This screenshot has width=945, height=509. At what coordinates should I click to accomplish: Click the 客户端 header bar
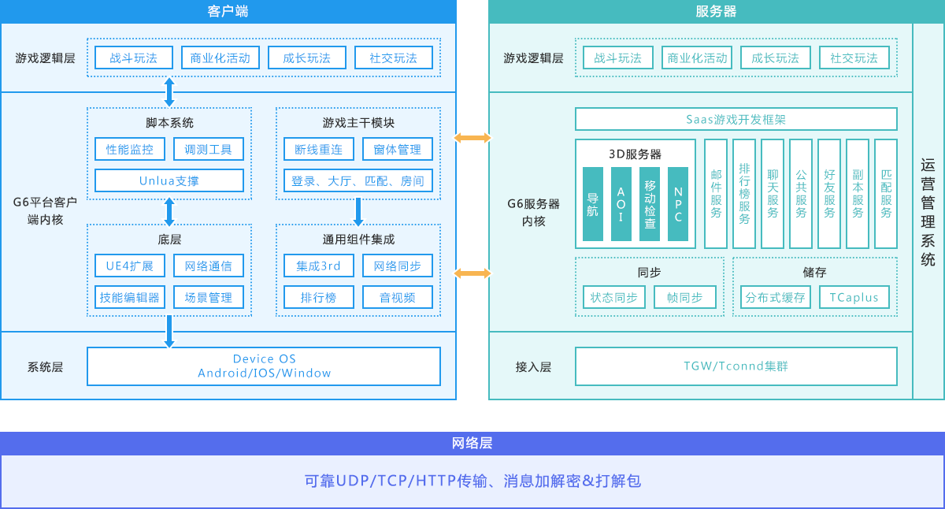click(228, 11)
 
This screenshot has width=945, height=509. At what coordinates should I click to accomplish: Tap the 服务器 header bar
click(716, 11)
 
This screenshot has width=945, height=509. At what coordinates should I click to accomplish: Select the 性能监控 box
click(130, 149)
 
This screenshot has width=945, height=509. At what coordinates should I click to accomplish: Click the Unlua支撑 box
click(169, 180)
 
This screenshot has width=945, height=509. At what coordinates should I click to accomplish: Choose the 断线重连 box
click(319, 149)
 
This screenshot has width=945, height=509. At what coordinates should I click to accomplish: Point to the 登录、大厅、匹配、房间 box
click(358, 180)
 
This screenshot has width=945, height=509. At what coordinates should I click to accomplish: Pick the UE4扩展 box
click(130, 266)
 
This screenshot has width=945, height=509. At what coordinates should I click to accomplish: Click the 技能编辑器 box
click(130, 297)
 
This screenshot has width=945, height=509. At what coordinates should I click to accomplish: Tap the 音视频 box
click(398, 297)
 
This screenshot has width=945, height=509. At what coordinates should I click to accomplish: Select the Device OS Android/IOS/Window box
click(264, 366)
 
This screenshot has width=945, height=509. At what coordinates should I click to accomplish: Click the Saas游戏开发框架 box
click(736, 119)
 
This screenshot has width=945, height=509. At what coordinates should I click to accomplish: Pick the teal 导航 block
click(593, 204)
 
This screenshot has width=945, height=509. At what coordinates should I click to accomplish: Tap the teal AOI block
click(621, 204)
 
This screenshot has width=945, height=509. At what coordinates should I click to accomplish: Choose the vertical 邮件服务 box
click(716, 194)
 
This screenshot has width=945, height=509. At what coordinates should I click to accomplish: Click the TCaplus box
click(854, 297)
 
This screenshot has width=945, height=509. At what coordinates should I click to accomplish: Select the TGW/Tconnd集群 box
click(736, 366)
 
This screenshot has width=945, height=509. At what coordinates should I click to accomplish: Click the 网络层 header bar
click(472, 443)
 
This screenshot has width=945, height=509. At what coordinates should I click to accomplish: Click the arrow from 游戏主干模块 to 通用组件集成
click(358, 211)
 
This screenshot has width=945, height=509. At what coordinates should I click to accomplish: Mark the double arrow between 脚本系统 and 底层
click(169, 211)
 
